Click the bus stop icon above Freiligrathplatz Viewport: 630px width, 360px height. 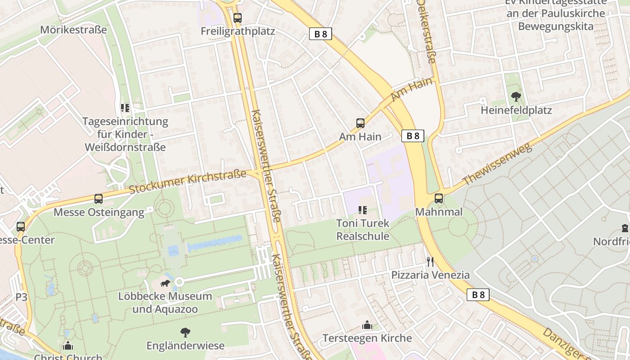click(237, 18)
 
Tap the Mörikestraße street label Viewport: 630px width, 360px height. click(73, 30)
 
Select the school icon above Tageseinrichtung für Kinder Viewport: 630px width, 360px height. click(125, 108)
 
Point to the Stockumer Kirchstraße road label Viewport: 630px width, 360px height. click(188, 182)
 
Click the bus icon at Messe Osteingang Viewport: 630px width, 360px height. click(98, 198)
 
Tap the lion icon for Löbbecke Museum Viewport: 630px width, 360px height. click(165, 283)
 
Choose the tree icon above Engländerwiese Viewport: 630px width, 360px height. click(185, 333)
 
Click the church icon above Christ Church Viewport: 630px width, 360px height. click(68, 346)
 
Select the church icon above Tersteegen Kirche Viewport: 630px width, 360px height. click(367, 325)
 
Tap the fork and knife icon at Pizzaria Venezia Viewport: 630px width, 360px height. click(430, 261)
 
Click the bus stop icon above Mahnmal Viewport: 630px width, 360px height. click(439, 198)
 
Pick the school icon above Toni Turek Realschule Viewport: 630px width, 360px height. click(363, 210)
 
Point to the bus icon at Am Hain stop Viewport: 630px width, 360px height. click(360, 123)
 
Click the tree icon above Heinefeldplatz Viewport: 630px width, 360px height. click(516, 96)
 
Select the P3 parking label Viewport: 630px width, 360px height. click(22, 297)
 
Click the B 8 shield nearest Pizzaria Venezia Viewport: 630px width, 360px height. click(478, 295)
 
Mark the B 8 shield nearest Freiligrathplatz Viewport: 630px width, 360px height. click(320, 34)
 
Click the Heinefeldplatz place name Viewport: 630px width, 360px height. click(516, 110)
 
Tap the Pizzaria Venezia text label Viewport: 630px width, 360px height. click(430, 275)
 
